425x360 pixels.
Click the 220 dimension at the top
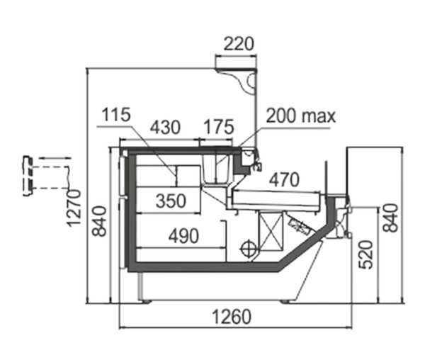point(239,44)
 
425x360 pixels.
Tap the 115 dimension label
point(116,114)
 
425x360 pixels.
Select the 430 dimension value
point(165,127)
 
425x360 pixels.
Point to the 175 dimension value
point(218,127)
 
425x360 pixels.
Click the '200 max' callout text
point(301,116)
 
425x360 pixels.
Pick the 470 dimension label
point(285,179)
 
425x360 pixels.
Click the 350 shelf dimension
point(171,201)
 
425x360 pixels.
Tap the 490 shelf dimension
point(183,236)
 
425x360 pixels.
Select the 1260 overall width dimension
point(232,317)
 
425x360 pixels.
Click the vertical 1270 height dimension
point(74,208)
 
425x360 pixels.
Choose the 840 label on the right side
point(390,218)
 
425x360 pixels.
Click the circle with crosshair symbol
point(249,248)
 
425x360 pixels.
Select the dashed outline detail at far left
point(47,175)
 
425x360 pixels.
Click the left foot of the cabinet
point(146,301)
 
